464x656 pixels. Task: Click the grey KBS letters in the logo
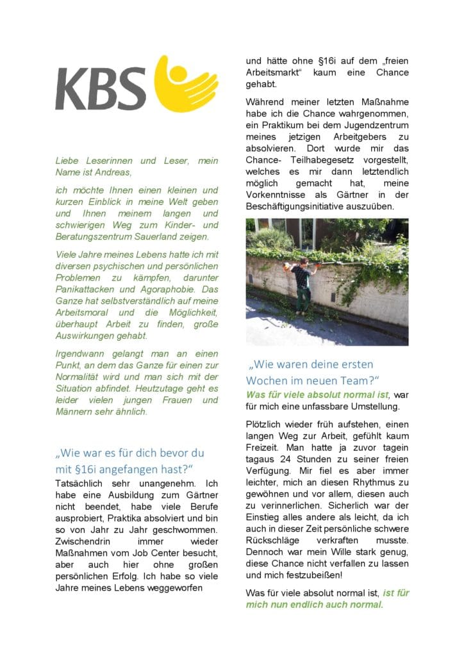(x=101, y=88)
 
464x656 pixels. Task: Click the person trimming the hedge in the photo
(x=301, y=283)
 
